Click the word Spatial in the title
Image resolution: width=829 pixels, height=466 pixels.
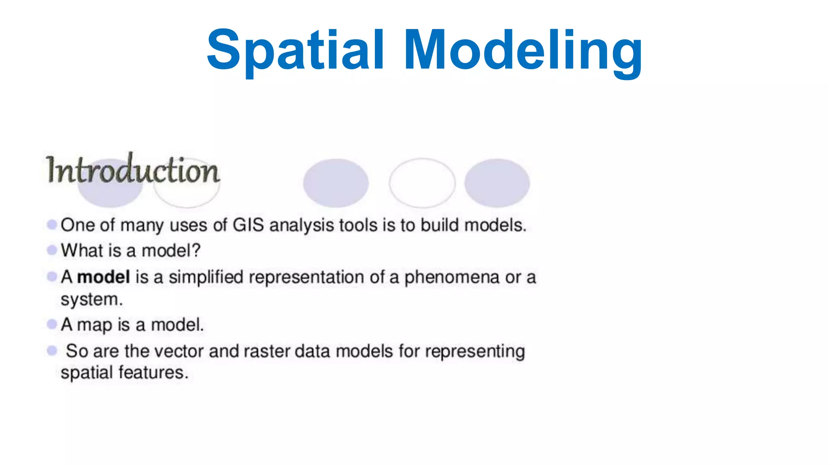295,51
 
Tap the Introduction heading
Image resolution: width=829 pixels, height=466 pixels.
133,170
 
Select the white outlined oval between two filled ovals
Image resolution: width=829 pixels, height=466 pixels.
422,183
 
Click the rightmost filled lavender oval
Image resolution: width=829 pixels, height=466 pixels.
497,183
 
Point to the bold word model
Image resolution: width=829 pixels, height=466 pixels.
104,277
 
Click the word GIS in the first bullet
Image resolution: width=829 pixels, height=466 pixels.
248,225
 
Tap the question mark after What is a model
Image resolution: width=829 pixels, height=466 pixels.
196,250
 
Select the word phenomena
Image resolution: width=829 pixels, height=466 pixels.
452,277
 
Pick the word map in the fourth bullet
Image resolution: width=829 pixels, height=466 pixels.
94,325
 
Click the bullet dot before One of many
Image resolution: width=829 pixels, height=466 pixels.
52,225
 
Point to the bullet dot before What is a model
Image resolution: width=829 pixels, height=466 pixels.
52,250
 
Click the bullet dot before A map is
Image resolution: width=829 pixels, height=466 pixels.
52,324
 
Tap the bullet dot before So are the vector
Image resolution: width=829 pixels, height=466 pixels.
52,350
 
